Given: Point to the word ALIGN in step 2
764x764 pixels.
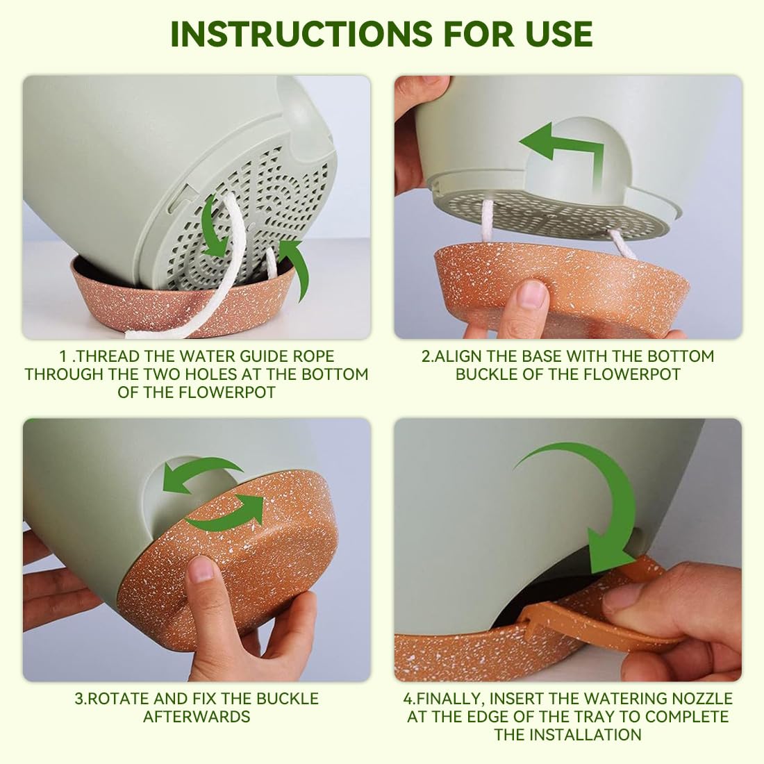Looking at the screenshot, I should click(x=460, y=356).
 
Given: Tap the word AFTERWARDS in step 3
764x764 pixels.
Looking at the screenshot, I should click(x=197, y=716).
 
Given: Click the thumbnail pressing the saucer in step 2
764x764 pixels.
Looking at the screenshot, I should click(x=533, y=294).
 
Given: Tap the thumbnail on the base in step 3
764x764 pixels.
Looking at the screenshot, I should click(x=201, y=570).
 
